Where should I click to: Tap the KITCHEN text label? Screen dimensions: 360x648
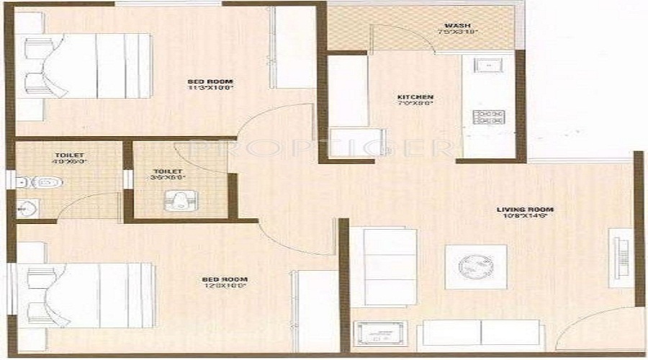click(x=415, y=97)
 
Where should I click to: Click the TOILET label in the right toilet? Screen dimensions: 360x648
click(x=171, y=171)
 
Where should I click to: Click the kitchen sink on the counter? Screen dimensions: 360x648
click(x=490, y=67)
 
